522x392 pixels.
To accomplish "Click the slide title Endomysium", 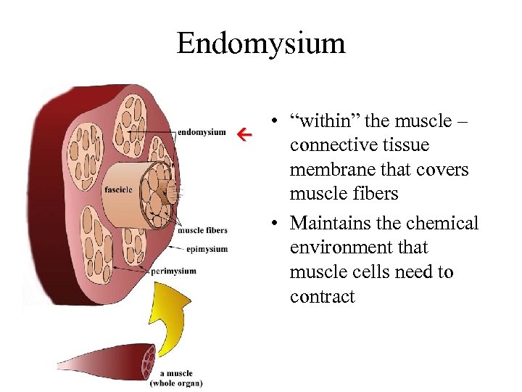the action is [x=261, y=43].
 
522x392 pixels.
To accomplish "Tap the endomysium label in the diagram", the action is [x=202, y=131].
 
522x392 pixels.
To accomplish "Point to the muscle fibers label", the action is [x=202, y=230].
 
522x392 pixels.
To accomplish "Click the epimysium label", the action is [x=207, y=249].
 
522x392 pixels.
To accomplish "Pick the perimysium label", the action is [x=174, y=271].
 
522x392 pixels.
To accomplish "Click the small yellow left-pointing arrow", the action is [x=244, y=133].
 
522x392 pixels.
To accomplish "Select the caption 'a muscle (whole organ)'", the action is [x=175, y=378].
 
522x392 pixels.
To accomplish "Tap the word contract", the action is [x=322, y=297].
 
